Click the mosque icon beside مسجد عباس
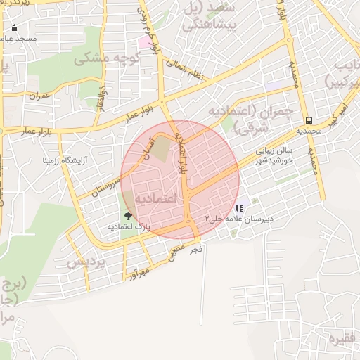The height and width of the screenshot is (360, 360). pos(15,29)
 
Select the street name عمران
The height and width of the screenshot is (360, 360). pos(41,94)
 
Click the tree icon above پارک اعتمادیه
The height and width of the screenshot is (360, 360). pos(128,217)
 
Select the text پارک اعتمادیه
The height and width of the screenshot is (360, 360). pos(130,227)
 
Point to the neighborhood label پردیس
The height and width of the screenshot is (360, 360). pos(86,262)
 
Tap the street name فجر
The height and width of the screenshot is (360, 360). pos(195,249)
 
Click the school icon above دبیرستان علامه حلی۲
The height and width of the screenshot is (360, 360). pos(239,209)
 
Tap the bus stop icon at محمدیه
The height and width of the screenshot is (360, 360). pos(309,120)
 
